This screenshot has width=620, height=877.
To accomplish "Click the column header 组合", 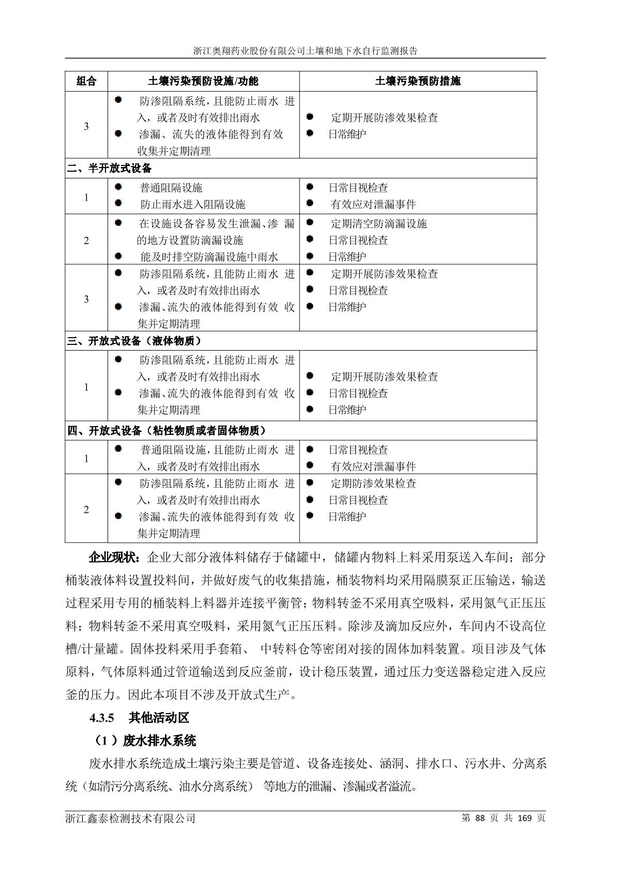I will click(x=86, y=81).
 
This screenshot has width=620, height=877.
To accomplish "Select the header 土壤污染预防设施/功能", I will click(x=203, y=81).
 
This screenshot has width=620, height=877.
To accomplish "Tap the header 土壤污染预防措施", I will click(x=418, y=81).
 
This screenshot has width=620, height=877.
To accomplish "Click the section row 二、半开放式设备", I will click(x=110, y=169).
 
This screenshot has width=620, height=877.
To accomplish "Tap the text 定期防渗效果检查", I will click(x=373, y=483).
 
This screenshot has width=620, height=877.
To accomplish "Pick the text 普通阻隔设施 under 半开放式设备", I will click(x=171, y=188).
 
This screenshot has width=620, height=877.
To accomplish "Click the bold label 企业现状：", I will click(x=114, y=557).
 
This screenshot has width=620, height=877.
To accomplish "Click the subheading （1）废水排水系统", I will click(x=144, y=740).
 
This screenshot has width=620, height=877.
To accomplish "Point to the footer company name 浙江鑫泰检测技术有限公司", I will click(x=131, y=818).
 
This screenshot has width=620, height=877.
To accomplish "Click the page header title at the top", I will click(x=306, y=51).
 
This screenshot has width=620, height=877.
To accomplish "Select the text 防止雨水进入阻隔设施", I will click(x=192, y=204).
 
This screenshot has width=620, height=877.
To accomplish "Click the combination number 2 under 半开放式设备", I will click(x=86, y=240).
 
